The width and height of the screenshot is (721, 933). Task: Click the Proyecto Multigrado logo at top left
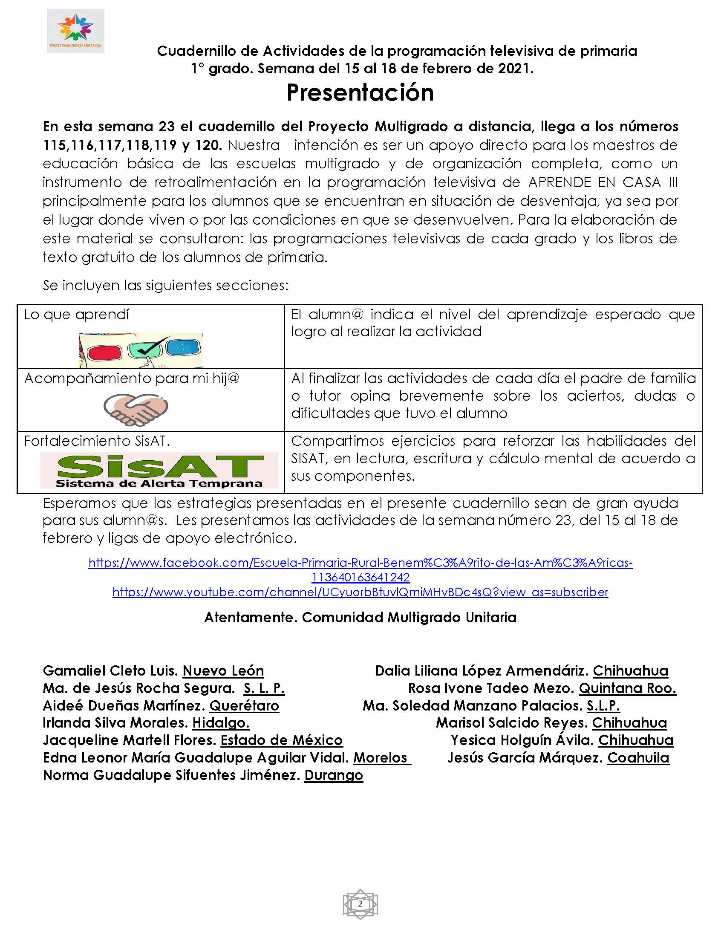pos(75,31)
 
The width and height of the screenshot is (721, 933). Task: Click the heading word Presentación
pos(360,92)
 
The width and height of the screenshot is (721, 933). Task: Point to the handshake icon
pos(136,408)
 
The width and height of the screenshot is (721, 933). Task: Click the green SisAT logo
pos(159,470)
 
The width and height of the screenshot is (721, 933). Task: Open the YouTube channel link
pos(360,592)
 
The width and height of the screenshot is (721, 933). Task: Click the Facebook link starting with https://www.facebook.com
pos(360,563)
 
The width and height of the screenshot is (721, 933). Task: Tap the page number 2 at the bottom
pos(360,904)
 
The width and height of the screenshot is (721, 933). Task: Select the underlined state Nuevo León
pos(223,671)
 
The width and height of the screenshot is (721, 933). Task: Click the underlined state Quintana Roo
pos(627,688)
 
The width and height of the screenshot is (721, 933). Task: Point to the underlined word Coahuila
pos(638,758)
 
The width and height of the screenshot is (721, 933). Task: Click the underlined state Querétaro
pos(244,706)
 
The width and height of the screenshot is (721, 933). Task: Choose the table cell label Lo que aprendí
pos(76,315)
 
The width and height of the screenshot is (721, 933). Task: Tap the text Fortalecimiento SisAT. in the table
pos(97,441)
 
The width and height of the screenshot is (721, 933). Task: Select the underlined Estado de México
pos(281,740)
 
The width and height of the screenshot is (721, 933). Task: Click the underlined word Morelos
pos(381,758)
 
